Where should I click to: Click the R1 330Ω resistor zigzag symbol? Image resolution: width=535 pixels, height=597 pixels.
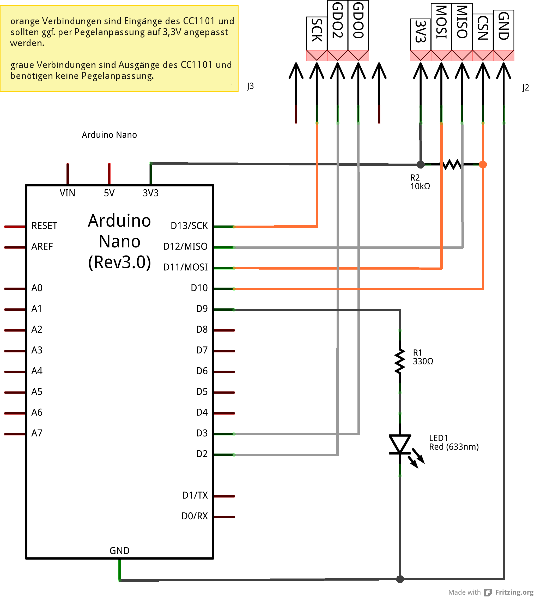point(400,361)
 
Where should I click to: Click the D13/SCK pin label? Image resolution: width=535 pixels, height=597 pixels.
point(189,226)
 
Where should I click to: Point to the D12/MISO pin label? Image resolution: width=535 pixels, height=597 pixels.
point(185,247)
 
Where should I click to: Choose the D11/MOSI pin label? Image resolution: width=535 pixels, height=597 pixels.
point(185,267)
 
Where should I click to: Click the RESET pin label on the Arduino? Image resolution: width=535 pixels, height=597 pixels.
point(44,226)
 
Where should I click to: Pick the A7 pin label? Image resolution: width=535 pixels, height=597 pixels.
point(37,433)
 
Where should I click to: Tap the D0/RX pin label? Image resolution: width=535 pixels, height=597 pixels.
point(194,516)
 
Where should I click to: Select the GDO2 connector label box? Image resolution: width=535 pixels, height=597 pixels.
point(337,25)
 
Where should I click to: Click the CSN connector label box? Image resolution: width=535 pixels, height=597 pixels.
point(483,32)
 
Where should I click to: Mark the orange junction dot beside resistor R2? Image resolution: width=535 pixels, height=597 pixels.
point(483,164)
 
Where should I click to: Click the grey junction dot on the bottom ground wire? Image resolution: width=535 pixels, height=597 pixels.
point(400,579)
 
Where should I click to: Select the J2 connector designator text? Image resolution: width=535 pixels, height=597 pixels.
point(526,88)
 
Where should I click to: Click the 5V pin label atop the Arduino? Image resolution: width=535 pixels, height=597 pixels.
point(109,193)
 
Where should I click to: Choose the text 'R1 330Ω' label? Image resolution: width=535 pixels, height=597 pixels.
point(423,357)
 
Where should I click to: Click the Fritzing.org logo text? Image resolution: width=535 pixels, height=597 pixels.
point(514,592)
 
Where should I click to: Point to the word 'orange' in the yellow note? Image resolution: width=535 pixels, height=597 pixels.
point(25,21)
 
